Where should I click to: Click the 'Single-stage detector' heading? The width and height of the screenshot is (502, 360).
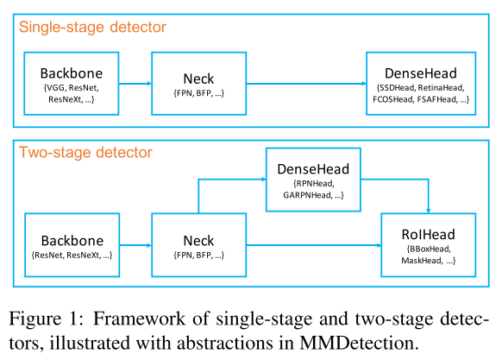[92, 28]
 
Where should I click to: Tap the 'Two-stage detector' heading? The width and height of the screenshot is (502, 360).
[85, 153]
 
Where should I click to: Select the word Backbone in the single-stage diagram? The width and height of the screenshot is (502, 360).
[72, 73]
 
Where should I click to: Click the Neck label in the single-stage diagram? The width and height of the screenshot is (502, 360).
[198, 79]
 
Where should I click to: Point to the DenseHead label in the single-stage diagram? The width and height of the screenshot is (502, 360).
[421, 73]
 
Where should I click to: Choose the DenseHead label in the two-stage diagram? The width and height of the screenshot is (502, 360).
[313, 169]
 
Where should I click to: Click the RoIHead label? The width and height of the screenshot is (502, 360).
[429, 235]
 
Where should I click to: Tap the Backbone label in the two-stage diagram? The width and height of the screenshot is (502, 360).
[72, 241]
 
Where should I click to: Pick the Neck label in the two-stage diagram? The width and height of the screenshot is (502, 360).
[198, 241]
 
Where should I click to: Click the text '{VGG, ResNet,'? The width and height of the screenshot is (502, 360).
[72, 88]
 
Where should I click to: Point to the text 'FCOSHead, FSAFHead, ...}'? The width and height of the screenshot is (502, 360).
[421, 99]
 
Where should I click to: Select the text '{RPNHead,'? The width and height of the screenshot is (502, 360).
[314, 184]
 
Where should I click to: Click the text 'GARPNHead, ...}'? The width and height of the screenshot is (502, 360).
[313, 195]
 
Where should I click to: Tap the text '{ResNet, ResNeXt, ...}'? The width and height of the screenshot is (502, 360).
[72, 256]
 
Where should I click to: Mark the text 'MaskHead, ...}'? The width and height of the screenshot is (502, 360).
[428, 261]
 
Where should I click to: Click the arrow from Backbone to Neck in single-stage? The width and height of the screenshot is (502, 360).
[135, 84]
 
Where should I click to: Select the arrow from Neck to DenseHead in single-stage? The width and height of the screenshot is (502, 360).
[306, 84]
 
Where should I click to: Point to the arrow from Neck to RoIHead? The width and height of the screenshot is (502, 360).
[314, 245]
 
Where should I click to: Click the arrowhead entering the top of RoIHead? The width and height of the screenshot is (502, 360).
[429, 211]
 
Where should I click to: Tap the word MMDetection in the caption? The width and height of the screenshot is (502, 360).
[359, 343]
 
